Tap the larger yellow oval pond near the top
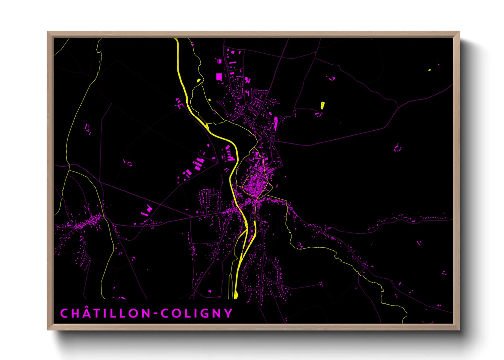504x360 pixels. click(x=199, y=81)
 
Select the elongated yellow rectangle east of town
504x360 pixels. click(x=322, y=105)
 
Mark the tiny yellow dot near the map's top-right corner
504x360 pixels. click(x=430, y=70)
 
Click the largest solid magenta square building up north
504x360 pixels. click(x=219, y=77)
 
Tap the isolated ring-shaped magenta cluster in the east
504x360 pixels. click(x=397, y=148)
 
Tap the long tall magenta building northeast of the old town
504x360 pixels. click(x=276, y=123)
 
